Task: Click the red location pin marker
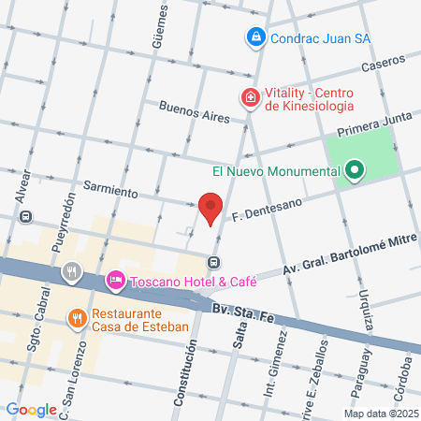coord(210,207)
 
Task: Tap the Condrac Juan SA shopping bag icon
coord(254,37)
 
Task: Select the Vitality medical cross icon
coord(250,97)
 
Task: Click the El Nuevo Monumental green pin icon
coord(354,171)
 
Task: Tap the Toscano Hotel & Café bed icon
coord(116,279)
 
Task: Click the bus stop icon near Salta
coord(215,263)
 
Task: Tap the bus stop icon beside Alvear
coord(26,216)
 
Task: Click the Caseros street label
coord(385,64)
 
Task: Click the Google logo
coord(31,409)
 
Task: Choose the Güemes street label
coord(159,26)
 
